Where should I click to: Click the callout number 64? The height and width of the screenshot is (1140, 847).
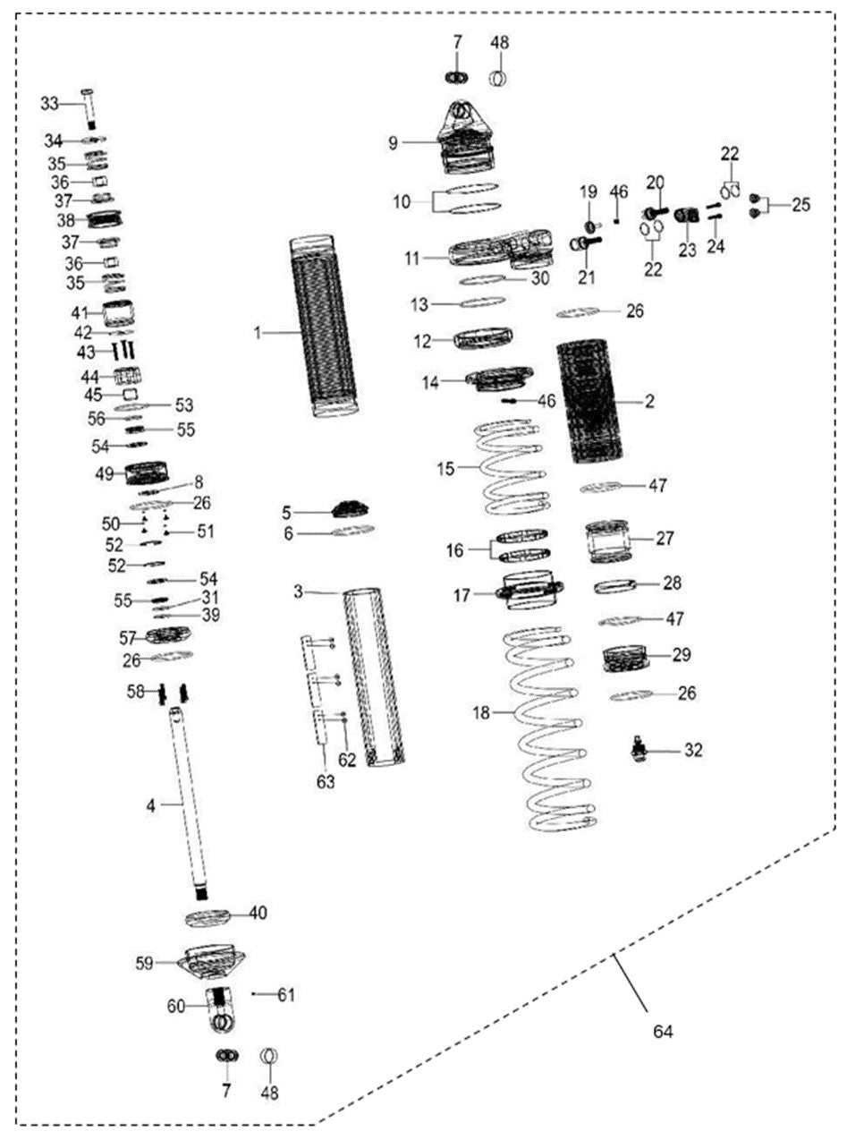(x=662, y=1032)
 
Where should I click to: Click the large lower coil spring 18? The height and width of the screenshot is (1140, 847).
(x=547, y=725)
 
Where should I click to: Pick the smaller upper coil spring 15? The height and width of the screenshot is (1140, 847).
(x=508, y=467)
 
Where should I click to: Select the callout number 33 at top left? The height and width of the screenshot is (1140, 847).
(x=49, y=104)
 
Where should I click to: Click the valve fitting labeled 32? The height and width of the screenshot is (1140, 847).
(x=641, y=749)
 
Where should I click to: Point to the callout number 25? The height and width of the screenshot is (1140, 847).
(x=800, y=205)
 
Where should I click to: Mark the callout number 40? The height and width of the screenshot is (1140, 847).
(x=258, y=913)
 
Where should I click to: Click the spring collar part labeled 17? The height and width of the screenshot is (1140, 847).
(x=530, y=591)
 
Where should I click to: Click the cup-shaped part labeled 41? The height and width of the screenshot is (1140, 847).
(x=119, y=314)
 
